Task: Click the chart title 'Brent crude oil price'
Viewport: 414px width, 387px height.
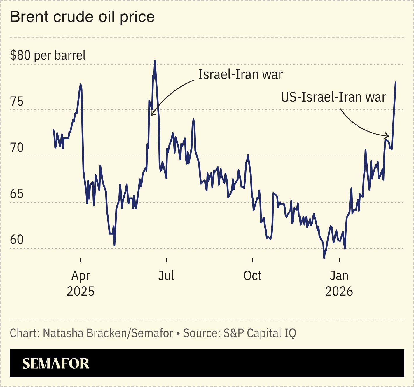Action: (82, 17)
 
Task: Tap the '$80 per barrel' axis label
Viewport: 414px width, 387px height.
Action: (48, 55)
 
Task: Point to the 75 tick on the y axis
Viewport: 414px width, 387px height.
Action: (17, 102)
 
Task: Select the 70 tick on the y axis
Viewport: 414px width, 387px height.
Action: (17, 148)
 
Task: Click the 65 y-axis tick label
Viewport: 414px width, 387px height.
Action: (17, 194)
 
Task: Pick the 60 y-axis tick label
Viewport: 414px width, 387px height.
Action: (17, 240)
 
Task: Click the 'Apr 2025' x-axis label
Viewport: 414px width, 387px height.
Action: (81, 283)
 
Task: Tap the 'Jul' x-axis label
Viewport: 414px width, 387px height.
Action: (166, 276)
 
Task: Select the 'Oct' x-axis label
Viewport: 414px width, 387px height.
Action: (252, 276)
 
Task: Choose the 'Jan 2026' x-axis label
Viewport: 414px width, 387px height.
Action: (339, 283)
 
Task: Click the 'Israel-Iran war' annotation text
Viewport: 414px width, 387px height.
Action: (240, 74)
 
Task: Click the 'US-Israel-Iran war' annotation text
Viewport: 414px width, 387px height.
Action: (333, 97)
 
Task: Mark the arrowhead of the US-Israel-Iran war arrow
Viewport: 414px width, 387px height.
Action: (388, 136)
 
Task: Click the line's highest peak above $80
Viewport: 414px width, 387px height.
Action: (155, 61)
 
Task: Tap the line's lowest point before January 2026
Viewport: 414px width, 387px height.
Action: (324, 258)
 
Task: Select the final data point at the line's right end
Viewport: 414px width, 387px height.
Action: (396, 83)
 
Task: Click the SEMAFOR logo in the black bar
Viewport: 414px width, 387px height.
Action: (56, 363)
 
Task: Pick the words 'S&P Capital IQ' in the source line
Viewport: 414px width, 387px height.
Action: (260, 333)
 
